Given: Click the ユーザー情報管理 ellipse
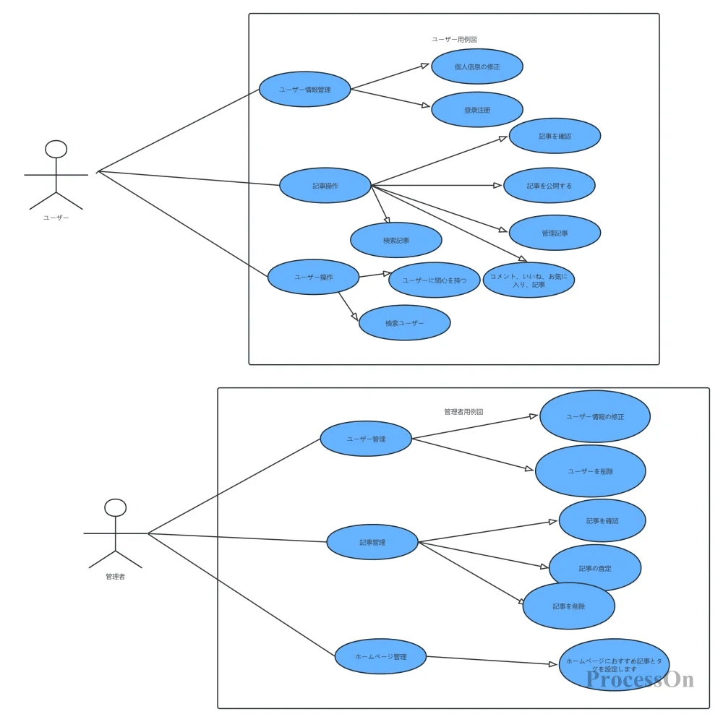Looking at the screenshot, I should coord(305,90).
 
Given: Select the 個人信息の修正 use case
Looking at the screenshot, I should coord(477,66).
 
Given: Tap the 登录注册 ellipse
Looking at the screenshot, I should coord(477,110).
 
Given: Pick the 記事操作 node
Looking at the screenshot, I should coord(325,186).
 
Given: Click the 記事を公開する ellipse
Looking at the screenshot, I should coord(549,186).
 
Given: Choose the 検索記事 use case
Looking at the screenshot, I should coord(396,240).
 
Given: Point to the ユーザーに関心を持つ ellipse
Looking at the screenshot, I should coord(434,280).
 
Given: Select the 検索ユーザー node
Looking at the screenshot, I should coord(405,323).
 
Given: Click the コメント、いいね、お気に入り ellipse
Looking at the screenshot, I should coord(529,280).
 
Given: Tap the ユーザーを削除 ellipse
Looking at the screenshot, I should coord(591,471).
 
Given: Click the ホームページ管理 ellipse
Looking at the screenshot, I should coord(380,656).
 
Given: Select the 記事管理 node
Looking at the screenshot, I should coord(372,542).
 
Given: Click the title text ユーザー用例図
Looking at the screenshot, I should coord(454,40).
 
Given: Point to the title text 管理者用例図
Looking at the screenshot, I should coord(463,411).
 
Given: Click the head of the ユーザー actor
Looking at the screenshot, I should coord(56,149).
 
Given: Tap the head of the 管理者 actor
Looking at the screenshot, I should coord(115,507).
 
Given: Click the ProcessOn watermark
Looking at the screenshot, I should coord(640,679).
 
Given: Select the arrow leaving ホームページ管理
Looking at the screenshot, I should coord(492,661).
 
